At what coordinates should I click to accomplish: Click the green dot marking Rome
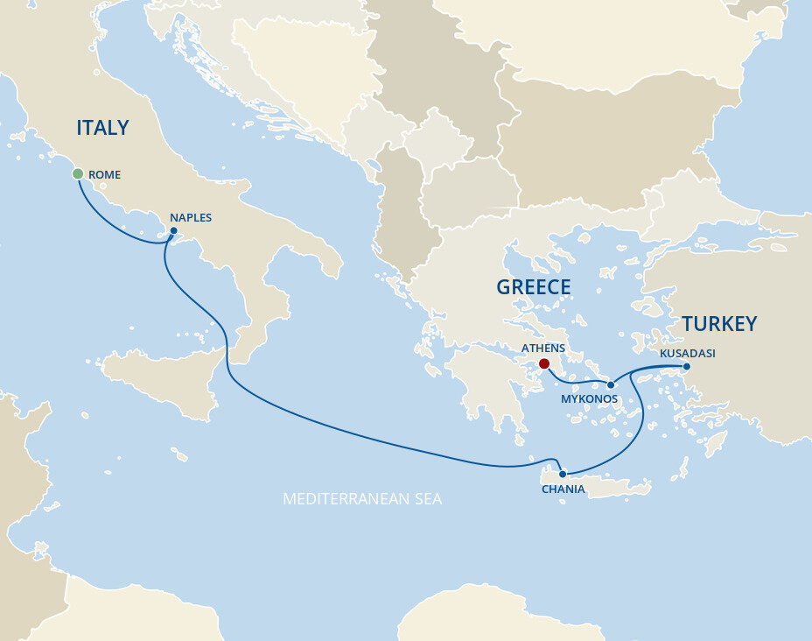click(78, 173)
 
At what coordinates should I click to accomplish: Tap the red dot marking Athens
click(544, 363)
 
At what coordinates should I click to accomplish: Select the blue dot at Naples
click(173, 231)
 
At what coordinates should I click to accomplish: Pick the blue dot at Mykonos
click(611, 384)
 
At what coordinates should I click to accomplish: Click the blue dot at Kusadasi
click(687, 366)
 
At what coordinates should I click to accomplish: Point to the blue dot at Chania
click(563, 474)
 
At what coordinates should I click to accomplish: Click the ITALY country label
click(102, 128)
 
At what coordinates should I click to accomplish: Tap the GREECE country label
click(533, 287)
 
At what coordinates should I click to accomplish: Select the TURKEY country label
click(719, 324)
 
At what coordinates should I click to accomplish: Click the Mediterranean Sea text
click(362, 499)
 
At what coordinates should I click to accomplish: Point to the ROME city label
click(104, 175)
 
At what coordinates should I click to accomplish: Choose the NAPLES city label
click(191, 217)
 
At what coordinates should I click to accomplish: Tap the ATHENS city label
click(543, 348)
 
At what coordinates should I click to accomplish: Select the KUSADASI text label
click(687, 353)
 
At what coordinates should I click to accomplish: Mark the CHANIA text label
click(563, 490)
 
